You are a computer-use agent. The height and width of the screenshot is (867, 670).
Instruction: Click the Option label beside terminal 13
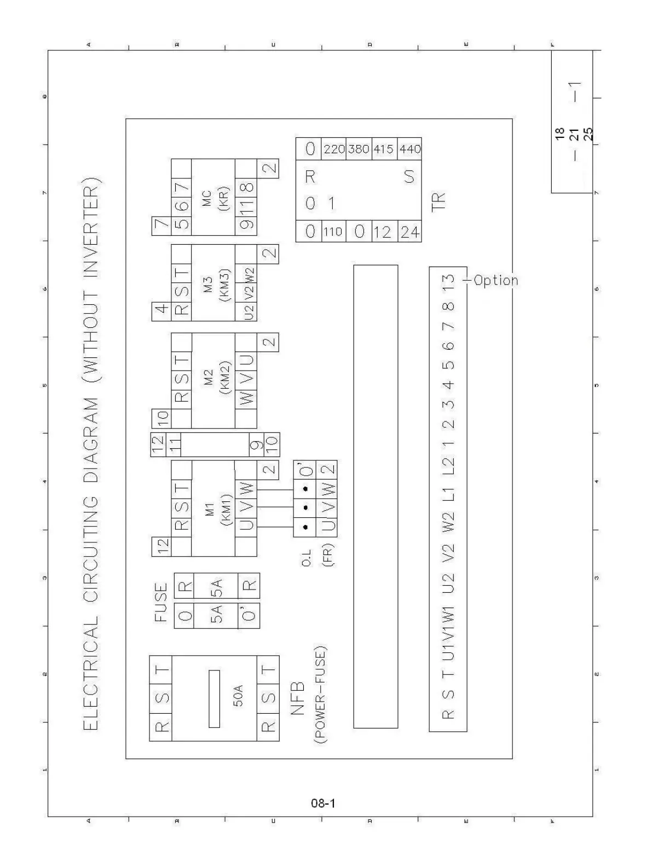pos(496,281)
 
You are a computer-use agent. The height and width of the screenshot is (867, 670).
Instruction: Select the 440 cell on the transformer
pos(410,149)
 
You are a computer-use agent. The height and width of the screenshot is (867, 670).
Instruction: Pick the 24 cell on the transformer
pos(410,232)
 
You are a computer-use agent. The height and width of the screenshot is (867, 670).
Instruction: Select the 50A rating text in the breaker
pos(238,696)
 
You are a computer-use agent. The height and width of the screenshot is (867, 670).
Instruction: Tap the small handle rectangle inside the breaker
pos(214,699)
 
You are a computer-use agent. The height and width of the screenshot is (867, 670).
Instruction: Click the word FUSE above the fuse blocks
pos(161,602)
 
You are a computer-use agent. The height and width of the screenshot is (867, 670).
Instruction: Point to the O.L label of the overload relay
pos(307,558)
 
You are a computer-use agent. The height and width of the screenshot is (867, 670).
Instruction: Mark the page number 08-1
pos(323,804)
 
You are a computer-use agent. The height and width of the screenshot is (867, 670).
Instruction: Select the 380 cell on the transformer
pos(359,149)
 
